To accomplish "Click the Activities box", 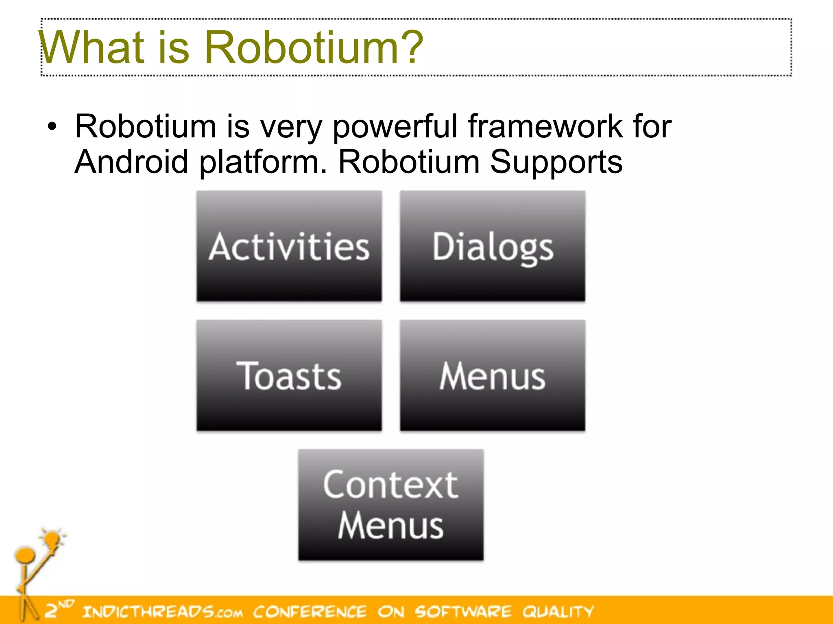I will click(289, 246).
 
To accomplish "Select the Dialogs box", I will click(493, 246).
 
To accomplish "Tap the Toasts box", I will click(289, 375).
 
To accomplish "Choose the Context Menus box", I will click(390, 505).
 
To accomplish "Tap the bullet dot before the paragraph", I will click(52, 127).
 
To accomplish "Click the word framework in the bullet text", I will click(545, 127).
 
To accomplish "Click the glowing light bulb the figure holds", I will click(52, 539).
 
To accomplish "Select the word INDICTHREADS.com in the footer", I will click(163, 611).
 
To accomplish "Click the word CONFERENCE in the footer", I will click(310, 611).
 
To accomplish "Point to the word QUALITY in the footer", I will click(558, 611).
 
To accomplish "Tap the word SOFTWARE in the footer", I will click(463, 611).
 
